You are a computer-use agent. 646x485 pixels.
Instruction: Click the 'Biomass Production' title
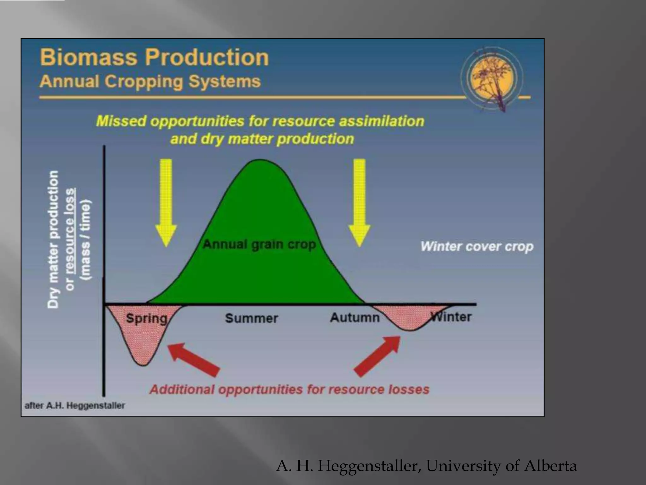click(x=154, y=57)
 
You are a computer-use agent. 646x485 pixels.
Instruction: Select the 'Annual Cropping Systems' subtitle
click(x=150, y=81)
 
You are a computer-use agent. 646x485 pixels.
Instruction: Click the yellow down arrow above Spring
click(x=166, y=202)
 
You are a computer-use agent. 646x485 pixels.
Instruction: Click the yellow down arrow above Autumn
click(x=359, y=202)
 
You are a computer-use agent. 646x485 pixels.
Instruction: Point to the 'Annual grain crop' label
click(x=259, y=244)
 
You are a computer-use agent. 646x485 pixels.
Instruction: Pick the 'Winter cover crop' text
click(x=477, y=247)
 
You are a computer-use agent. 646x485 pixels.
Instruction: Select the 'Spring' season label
click(x=146, y=318)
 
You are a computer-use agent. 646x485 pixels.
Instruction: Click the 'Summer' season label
click(x=251, y=318)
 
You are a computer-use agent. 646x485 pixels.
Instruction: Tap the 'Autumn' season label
click(x=355, y=317)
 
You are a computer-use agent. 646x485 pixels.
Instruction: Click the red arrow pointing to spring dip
click(x=193, y=360)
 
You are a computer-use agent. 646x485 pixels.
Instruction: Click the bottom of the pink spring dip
click(x=144, y=363)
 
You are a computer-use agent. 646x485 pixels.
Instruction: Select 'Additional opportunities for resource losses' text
click(x=289, y=390)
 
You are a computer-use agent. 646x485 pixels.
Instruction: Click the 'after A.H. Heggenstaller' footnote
click(x=75, y=406)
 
